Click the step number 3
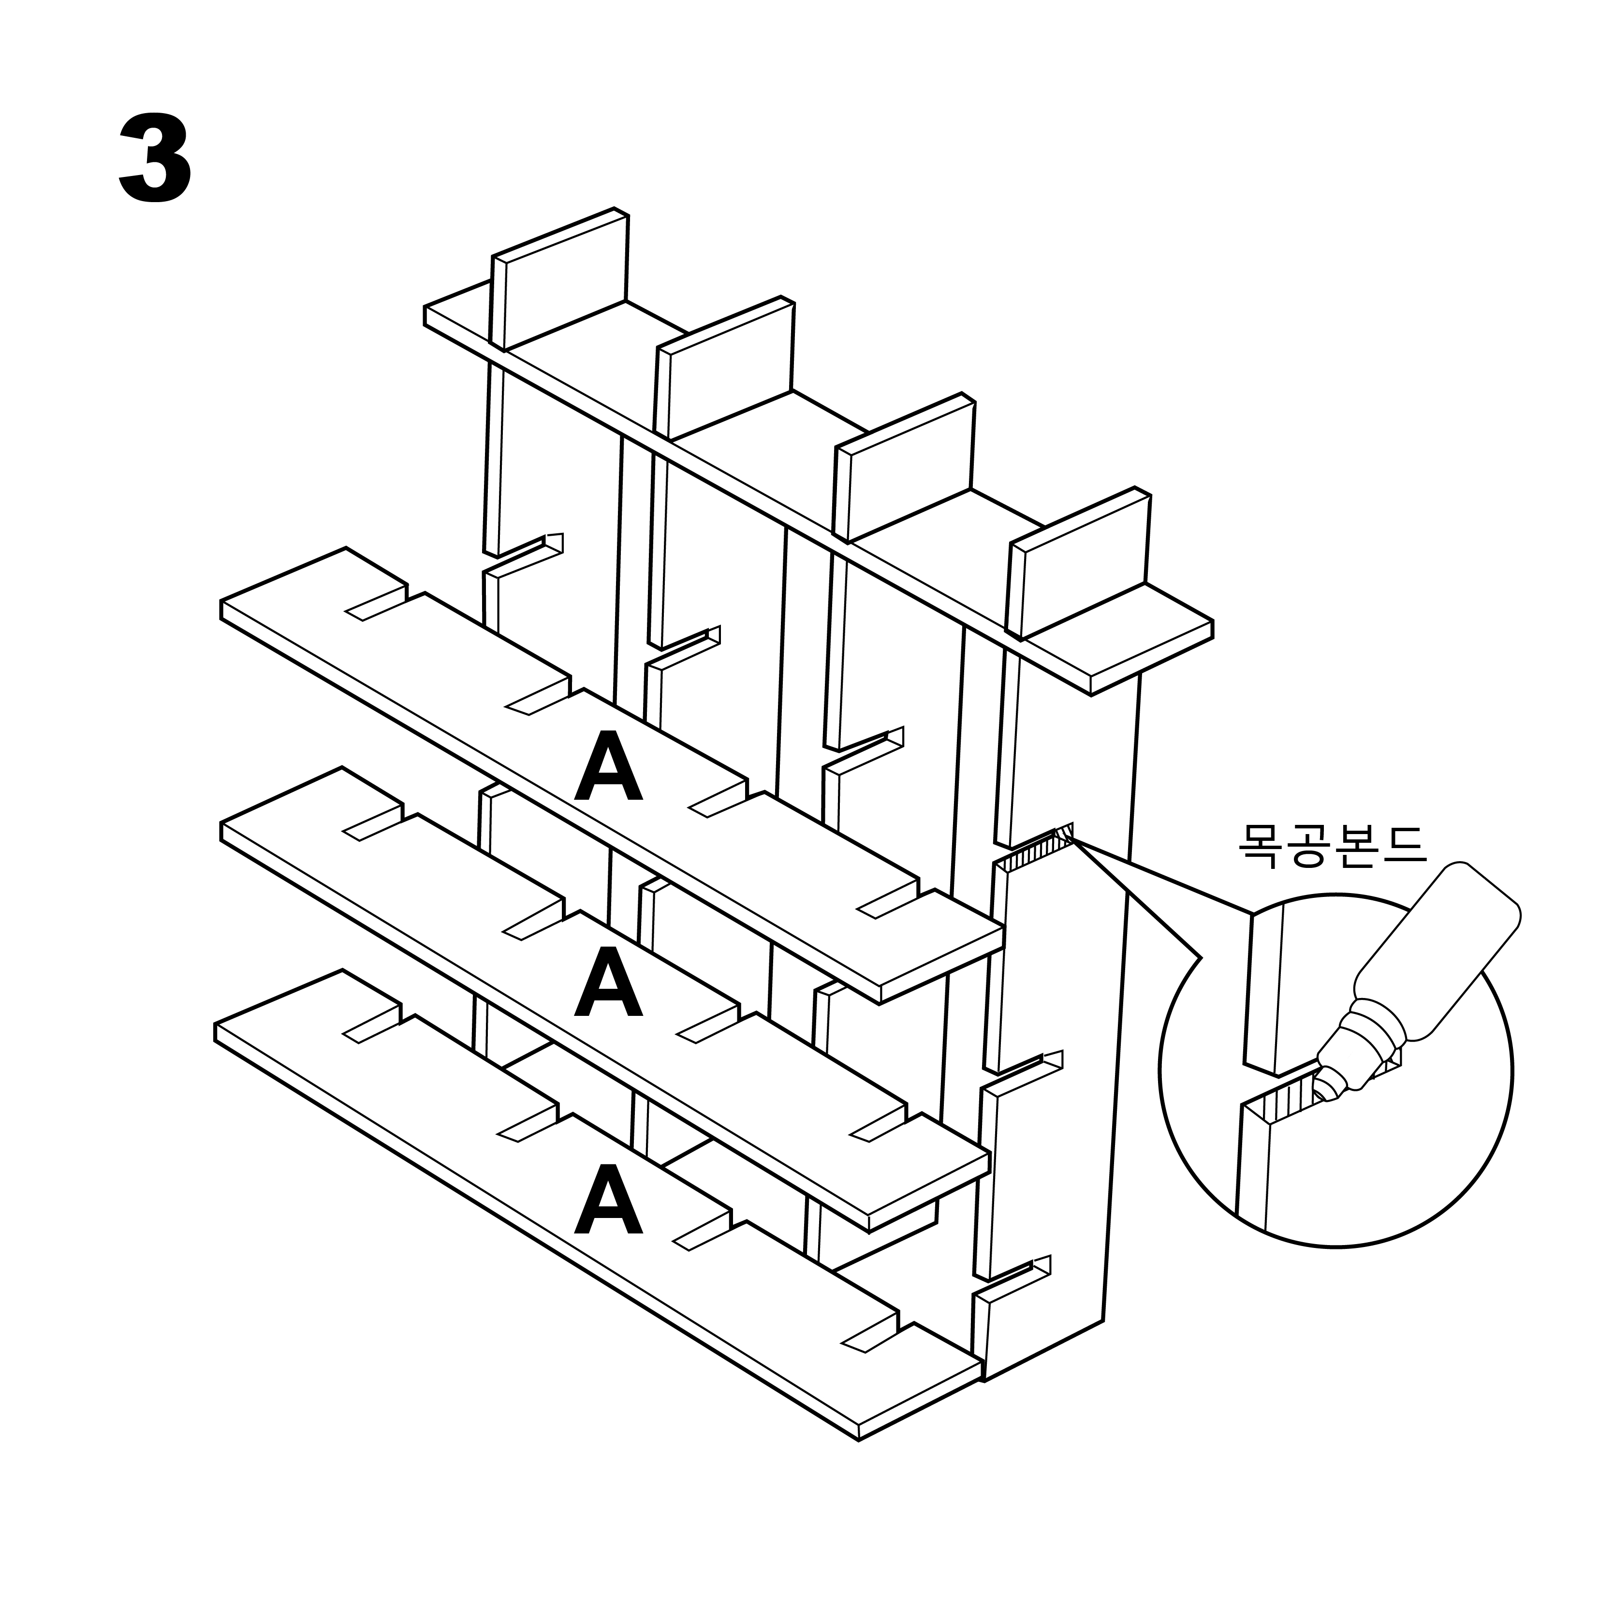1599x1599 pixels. tap(156, 159)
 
